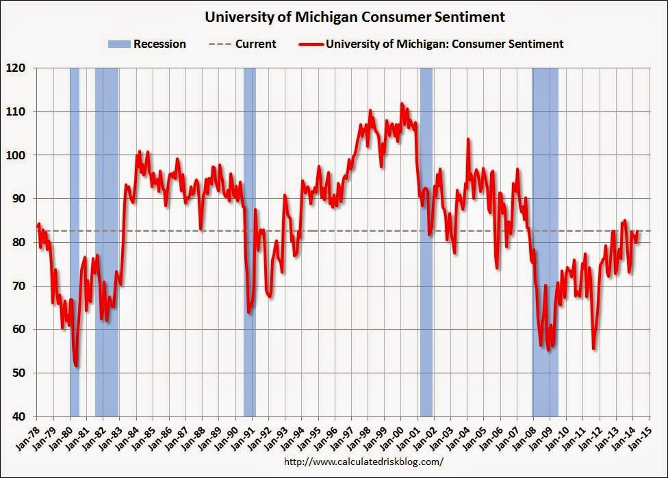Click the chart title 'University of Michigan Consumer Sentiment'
[x=334, y=16]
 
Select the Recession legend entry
[x=146, y=44]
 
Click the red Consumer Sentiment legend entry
[x=431, y=44]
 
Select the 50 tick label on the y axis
[x=21, y=373]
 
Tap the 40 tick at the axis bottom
[x=21, y=416]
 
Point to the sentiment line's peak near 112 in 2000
[x=402, y=103]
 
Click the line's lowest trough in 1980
[x=76, y=367]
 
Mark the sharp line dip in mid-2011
[x=593, y=349]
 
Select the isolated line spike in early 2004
[x=468, y=140]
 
